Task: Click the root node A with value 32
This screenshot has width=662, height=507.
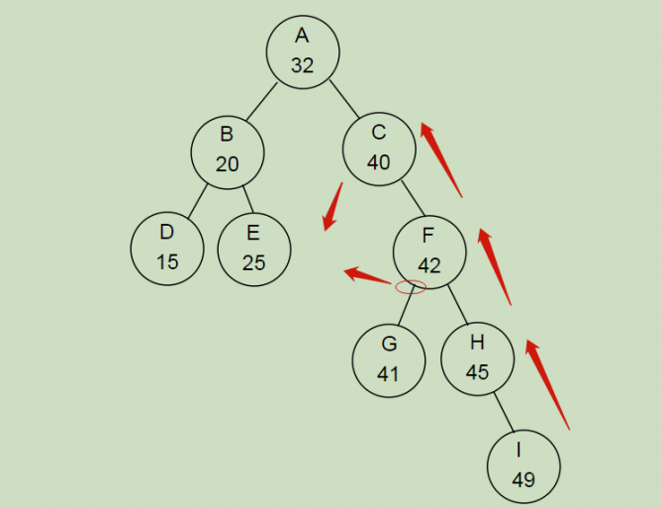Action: coord(302,51)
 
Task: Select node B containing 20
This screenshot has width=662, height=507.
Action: coord(228,152)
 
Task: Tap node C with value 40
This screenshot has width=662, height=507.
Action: coord(379,149)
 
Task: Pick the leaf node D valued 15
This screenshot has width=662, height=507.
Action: coord(166,249)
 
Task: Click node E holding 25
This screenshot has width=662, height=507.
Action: coord(253,250)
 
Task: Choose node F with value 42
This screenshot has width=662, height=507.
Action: coord(428,252)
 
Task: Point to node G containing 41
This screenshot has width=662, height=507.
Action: coord(389,360)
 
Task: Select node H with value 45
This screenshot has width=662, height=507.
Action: coord(477,358)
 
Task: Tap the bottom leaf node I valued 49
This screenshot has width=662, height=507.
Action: coord(523,466)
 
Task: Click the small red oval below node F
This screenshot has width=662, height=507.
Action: coord(411,287)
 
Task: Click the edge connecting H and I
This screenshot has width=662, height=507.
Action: coord(503,413)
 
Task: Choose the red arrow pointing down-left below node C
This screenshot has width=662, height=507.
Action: coord(332,206)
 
